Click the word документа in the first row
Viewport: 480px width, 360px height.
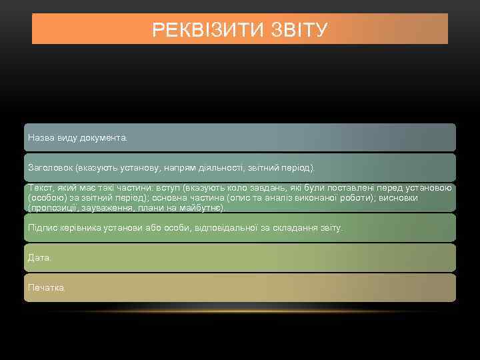point(103,137)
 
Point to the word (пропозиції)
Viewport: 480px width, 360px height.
point(55,207)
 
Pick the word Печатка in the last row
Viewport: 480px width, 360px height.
point(47,287)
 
